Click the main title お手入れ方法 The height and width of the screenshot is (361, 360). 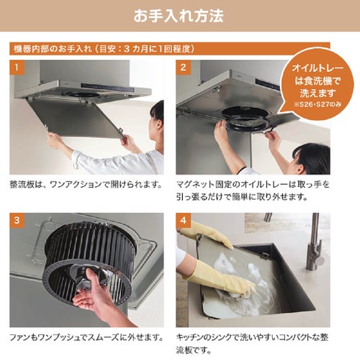(179, 16)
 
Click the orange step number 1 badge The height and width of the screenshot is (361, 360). (17, 68)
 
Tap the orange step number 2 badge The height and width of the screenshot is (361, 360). (183, 68)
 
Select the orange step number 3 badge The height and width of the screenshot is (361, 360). (17, 220)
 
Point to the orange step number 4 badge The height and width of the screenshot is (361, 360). (183, 220)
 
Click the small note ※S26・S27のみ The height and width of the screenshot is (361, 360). (318, 104)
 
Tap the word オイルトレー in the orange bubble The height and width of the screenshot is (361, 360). (318, 68)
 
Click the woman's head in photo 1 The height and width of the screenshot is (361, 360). (158, 114)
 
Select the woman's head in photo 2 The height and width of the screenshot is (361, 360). (312, 158)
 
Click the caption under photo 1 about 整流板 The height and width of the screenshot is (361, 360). (86, 185)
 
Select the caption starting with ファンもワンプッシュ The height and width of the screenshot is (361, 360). (86, 337)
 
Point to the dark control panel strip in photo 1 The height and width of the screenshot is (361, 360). (107, 87)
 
